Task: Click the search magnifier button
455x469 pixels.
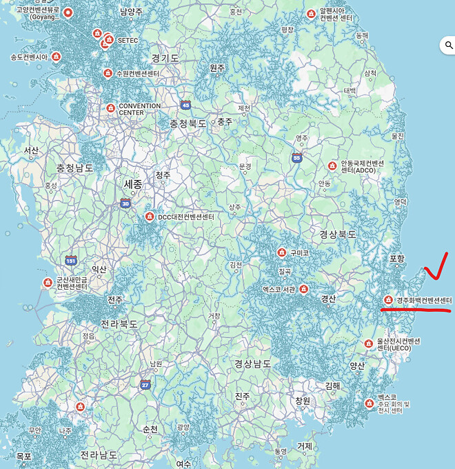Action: [447, 46]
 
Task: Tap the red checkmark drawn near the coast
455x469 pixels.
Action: [437, 266]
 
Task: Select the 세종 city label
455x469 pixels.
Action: [132, 184]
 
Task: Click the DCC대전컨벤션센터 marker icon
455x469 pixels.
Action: [149, 217]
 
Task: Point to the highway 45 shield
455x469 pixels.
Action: [185, 105]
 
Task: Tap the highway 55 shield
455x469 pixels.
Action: [296, 158]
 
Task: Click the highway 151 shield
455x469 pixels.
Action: [71, 260]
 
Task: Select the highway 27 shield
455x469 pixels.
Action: [145, 384]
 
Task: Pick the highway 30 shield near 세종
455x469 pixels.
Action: [125, 203]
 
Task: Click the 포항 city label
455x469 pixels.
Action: [397, 258]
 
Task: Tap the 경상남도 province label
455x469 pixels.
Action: [253, 363]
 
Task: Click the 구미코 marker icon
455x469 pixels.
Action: [281, 252]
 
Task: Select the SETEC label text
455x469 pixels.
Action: [128, 41]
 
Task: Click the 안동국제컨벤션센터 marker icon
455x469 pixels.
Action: [332, 166]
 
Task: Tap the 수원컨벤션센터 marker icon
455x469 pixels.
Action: [108, 73]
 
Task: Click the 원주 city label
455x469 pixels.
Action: [217, 68]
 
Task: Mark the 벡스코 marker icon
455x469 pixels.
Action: [369, 403]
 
